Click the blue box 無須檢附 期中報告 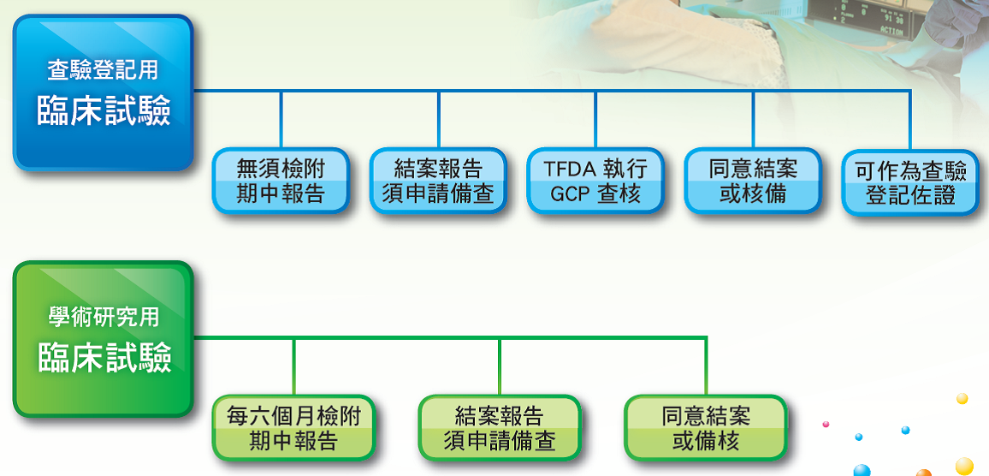pyautogui.click(x=281, y=181)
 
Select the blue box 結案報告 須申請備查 pyautogui.click(x=438, y=181)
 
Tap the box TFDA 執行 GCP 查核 pyautogui.click(x=595, y=181)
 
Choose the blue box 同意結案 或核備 pyautogui.click(x=753, y=181)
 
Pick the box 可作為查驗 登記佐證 pyautogui.click(x=910, y=183)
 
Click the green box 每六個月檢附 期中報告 pyautogui.click(x=293, y=427)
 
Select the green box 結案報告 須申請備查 pyautogui.click(x=500, y=427)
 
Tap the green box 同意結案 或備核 pyautogui.click(x=706, y=427)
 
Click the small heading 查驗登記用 pyautogui.click(x=103, y=70)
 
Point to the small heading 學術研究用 pyautogui.click(x=103, y=317)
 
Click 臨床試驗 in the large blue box pyautogui.click(x=104, y=112)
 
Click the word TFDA pyautogui.click(x=570, y=169)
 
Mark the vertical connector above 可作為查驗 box pyautogui.click(x=910, y=121)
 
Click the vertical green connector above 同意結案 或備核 pyautogui.click(x=706, y=366)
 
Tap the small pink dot pyautogui.click(x=826, y=425)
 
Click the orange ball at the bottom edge pyautogui.click(x=923, y=473)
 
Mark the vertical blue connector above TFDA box pyautogui.click(x=595, y=120)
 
